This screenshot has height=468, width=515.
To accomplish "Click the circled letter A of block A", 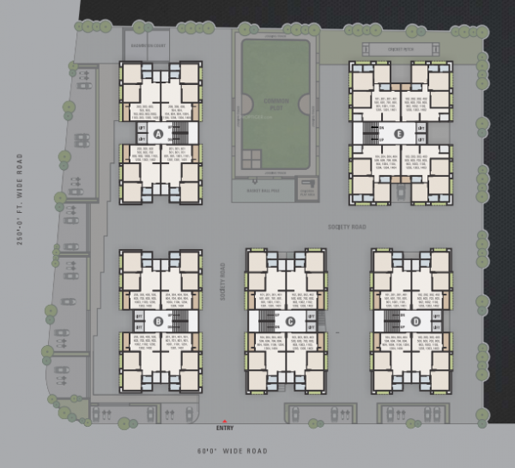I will click(x=158, y=134).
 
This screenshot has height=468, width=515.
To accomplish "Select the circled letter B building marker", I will click(x=158, y=321).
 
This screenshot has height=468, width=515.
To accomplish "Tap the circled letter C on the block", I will click(x=291, y=321).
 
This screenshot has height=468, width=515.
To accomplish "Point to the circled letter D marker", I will click(x=415, y=321).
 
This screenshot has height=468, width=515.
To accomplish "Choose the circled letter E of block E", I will click(x=399, y=133).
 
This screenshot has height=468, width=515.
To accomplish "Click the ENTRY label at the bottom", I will click(x=225, y=428).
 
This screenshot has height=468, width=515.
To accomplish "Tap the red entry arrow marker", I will click(x=225, y=420).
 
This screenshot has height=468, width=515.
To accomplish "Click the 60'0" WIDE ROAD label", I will click(x=232, y=451).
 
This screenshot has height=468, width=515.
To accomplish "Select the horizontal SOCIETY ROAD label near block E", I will click(x=348, y=227).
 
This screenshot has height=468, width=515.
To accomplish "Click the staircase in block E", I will click(x=371, y=134).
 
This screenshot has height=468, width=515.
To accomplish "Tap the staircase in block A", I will click(x=180, y=134).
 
